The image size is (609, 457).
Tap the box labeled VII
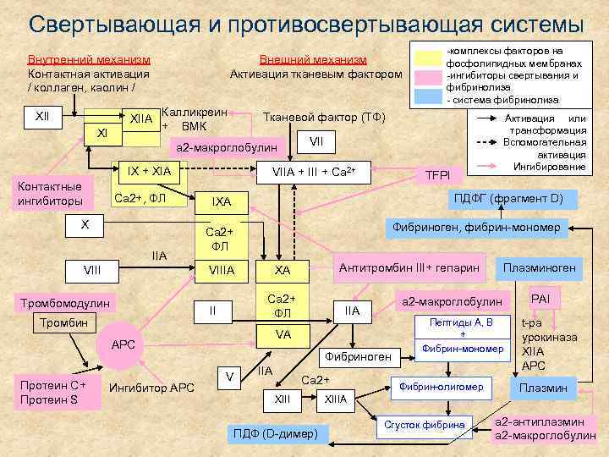tap(317, 140)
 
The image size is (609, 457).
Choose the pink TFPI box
tap(436, 174)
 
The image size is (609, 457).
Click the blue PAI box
tap(539, 299)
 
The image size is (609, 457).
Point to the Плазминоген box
tap(539, 267)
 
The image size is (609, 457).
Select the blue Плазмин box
tap(543, 388)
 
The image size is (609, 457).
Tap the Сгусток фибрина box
tap(425, 423)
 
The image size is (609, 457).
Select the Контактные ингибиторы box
tap(50, 194)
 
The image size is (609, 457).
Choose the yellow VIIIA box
tap(221, 270)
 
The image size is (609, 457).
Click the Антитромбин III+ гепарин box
tap(409, 267)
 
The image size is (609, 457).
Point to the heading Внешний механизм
tap(312, 59)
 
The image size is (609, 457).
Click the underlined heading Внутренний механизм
tap(89, 59)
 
